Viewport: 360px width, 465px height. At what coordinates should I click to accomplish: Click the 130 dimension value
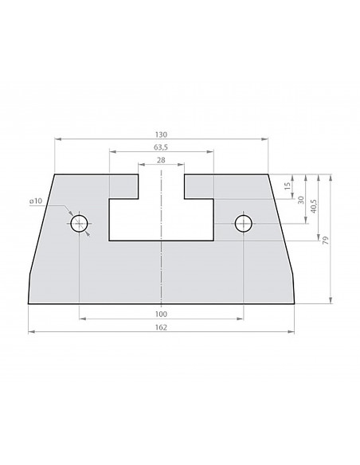tap(161, 134)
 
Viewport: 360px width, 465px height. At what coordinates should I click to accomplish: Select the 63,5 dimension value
tap(161, 147)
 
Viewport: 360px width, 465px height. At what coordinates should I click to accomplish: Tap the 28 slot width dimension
tap(161, 161)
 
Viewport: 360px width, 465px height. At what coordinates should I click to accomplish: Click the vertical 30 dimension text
tap(300, 199)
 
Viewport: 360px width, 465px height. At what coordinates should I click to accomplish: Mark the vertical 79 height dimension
tap(327, 238)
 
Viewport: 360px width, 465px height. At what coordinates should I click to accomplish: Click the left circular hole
tap(79, 225)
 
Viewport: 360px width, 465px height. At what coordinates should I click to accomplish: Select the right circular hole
tap(243, 225)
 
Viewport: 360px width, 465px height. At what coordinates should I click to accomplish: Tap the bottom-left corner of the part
tap(29, 303)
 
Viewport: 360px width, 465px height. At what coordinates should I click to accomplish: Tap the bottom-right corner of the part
tap(294, 303)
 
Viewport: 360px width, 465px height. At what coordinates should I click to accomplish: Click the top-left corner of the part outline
tap(54, 174)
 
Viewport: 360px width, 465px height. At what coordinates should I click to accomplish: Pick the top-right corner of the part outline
tap(268, 174)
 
